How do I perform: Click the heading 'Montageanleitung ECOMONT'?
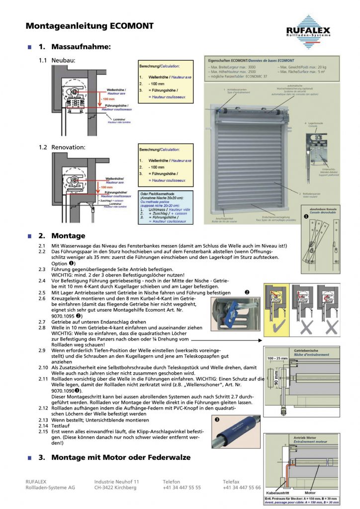tap(90, 26)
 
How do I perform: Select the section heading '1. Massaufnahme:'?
tap(74, 47)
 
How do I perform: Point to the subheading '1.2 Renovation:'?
tap(62, 147)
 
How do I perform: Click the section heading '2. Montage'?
tap(62, 236)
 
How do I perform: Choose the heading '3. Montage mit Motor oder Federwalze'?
tap(114, 457)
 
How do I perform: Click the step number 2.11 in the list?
tap(44, 379)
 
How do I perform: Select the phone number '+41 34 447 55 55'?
tap(181, 488)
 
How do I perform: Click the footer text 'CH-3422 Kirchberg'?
tap(115, 488)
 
